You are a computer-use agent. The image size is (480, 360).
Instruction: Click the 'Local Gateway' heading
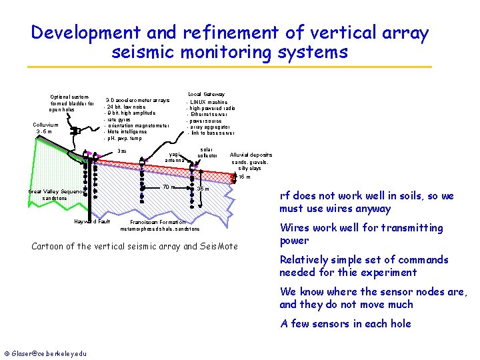[206, 94]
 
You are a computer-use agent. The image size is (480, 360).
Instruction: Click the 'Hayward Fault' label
[92, 221]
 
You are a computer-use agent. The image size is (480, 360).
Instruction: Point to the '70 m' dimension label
[169, 187]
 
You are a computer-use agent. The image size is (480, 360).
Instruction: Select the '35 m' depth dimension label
[204, 189]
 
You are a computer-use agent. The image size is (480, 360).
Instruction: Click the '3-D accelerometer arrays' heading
[137, 101]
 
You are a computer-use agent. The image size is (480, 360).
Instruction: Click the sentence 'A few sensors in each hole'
[345, 324]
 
